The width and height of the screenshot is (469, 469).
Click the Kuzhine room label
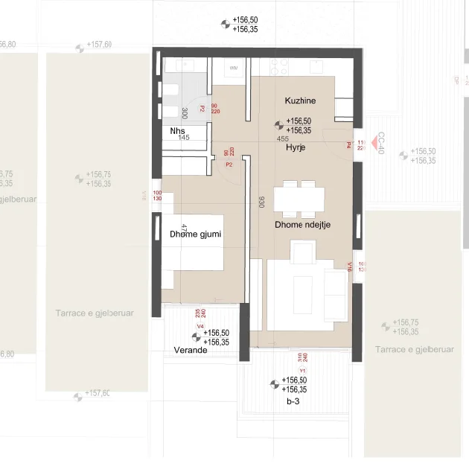pyautogui.click(x=301, y=100)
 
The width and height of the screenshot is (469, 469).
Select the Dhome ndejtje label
pyautogui.click(x=302, y=223)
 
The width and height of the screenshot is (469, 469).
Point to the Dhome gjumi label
pyautogui.click(x=196, y=234)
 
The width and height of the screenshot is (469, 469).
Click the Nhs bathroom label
pyautogui.click(x=177, y=130)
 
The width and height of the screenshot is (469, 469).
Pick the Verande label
pyautogui.click(x=191, y=349)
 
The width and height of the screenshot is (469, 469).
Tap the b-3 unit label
pyautogui.click(x=293, y=401)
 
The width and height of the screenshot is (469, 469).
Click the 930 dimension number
pyautogui.click(x=261, y=202)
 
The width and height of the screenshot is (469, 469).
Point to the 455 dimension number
pyautogui.click(x=283, y=138)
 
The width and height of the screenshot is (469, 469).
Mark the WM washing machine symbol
pyautogui.click(x=234, y=68)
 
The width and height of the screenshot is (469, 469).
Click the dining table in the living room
pyautogui.click(x=299, y=199)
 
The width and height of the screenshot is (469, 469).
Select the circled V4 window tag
pyautogui.click(x=200, y=326)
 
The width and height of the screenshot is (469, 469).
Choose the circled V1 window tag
pyautogui.click(x=302, y=370)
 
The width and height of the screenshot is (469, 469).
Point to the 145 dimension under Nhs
pyautogui.click(x=184, y=138)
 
